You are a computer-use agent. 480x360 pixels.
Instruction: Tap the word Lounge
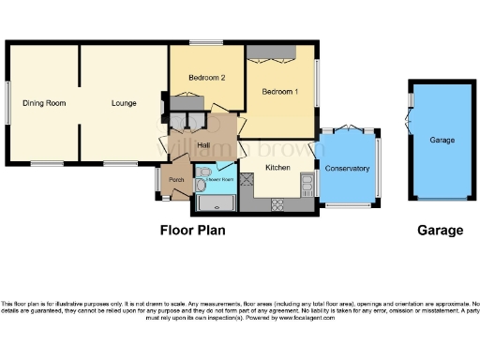tap(124, 103)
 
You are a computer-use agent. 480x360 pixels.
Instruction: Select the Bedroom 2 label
tap(207, 78)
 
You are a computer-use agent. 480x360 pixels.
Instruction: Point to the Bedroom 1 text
tap(280, 92)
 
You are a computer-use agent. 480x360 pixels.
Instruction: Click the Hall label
tap(203, 145)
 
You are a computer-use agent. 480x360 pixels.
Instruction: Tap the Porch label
tap(174, 179)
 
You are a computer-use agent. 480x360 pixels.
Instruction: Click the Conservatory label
tap(347, 169)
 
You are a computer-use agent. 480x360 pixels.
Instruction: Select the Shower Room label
tap(219, 176)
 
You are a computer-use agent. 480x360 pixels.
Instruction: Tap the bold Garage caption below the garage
tap(440, 230)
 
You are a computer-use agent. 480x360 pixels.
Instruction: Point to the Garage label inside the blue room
tap(442, 141)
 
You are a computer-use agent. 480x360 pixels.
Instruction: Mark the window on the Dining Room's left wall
tap(9, 103)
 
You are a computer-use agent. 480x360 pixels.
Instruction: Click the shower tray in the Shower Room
tap(217, 203)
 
